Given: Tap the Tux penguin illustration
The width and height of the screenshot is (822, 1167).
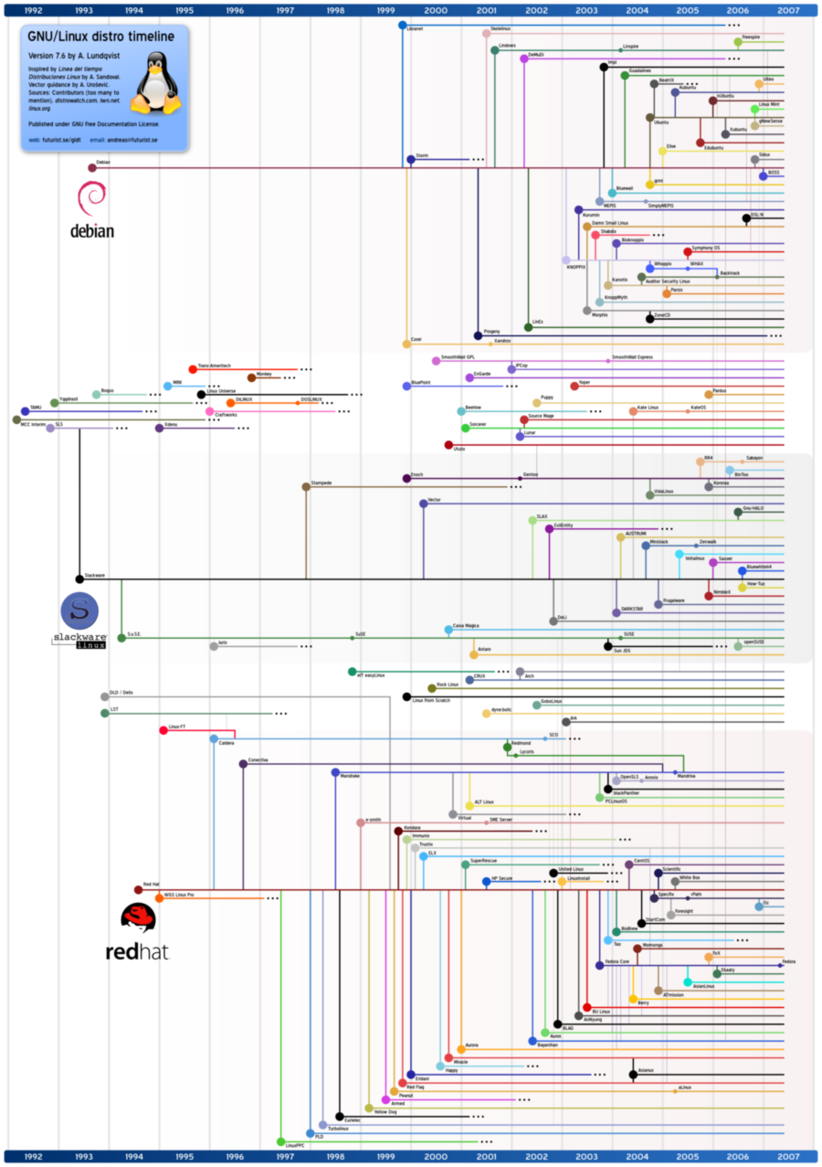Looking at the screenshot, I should click(x=156, y=83).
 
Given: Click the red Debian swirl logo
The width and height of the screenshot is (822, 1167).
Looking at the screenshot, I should click(x=92, y=198).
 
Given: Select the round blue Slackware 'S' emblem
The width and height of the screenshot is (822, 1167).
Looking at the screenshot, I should click(x=78, y=609).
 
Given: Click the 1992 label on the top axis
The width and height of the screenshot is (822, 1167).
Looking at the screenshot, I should click(x=34, y=9).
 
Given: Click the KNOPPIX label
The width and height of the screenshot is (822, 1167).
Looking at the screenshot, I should click(x=575, y=268).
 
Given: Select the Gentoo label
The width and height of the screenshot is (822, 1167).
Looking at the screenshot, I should click(x=530, y=475).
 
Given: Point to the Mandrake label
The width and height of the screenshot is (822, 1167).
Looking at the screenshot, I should click(x=350, y=776).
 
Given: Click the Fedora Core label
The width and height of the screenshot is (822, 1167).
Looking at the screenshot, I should click(x=617, y=961).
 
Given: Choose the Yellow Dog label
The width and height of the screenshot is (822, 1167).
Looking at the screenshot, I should click(x=385, y=1112).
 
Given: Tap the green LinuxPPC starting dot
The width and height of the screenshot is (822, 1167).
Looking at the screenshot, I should click(x=280, y=1142).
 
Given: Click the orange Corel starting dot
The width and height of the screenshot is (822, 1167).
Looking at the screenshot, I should click(x=406, y=344).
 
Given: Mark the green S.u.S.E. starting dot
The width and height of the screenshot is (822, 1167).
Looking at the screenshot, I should click(x=121, y=638).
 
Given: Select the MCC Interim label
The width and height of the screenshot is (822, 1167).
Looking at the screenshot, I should click(x=33, y=425).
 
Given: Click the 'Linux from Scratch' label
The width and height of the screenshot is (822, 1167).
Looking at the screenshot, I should click(x=430, y=701).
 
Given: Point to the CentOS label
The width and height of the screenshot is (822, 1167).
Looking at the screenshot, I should click(x=641, y=860).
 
